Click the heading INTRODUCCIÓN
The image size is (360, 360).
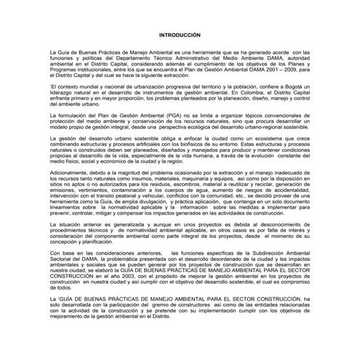(180, 36)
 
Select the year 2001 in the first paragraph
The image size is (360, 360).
(267, 71)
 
